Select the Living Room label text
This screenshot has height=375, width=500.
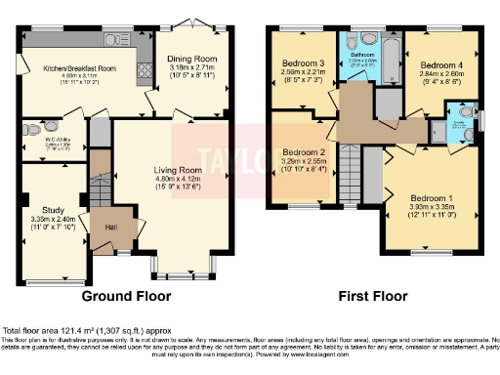pos(176,170)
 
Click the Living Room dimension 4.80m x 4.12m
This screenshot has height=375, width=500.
pos(176,180)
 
